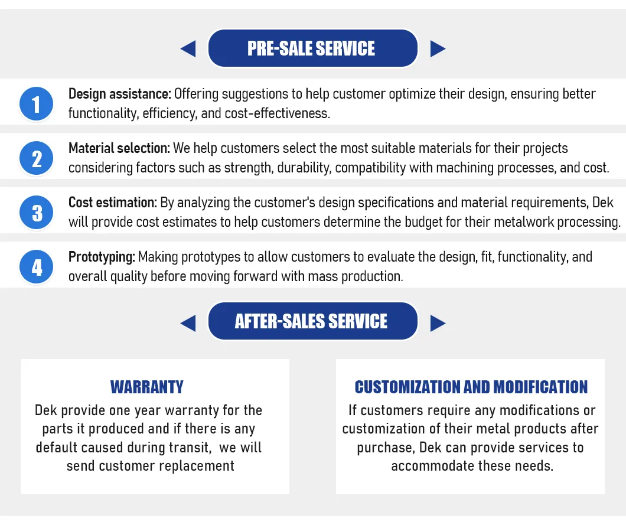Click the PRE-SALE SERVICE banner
pos(312,48)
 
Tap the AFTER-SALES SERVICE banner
pos(312,321)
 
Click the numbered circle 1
pos(37,104)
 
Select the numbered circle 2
pos(37,158)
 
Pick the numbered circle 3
pos(37,213)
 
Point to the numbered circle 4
pos(37,267)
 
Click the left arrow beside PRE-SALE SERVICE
pos(188,48)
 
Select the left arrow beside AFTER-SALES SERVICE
pos(188,323)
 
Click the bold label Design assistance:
pos(120,94)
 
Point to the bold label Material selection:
pos(119,148)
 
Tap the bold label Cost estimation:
pos(113,203)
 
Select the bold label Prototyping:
pos(102,257)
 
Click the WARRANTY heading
pos(147,387)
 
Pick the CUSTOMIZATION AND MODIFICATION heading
pos(471,387)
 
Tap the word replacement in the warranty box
pos(197,466)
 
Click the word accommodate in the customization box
pos(432,466)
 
